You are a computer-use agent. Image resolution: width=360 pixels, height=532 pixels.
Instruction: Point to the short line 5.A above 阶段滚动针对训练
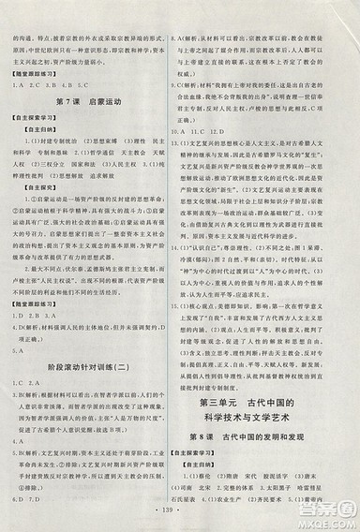[x=29, y=350]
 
